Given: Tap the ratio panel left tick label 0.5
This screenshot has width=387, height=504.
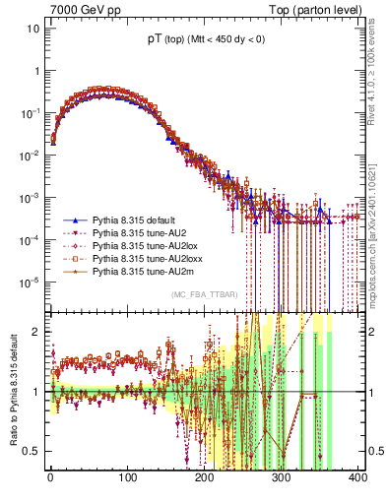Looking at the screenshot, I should click(32, 452).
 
